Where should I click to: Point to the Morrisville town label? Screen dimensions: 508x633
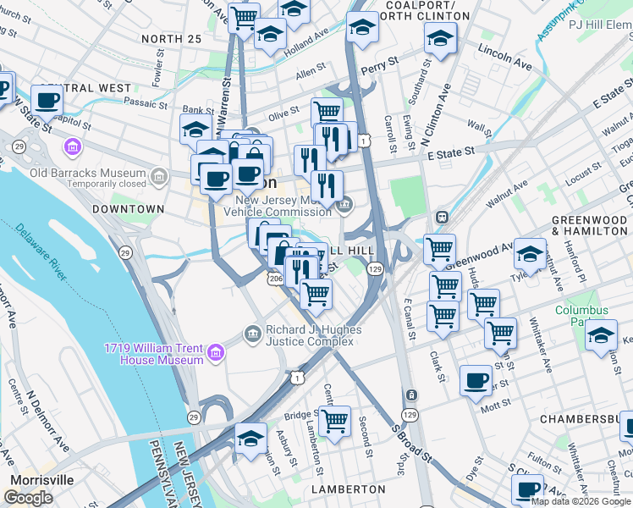pos(41,479)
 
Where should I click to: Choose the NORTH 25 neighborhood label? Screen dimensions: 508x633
pos(172,39)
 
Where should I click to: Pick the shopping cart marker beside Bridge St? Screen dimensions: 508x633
pos(334,420)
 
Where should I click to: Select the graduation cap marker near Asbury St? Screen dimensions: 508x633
pos(250,439)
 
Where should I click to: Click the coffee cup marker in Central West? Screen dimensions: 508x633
pos(47,100)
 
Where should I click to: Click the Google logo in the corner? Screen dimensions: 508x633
pos(28,498)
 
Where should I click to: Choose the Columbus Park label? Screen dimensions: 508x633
pos(581,316)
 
